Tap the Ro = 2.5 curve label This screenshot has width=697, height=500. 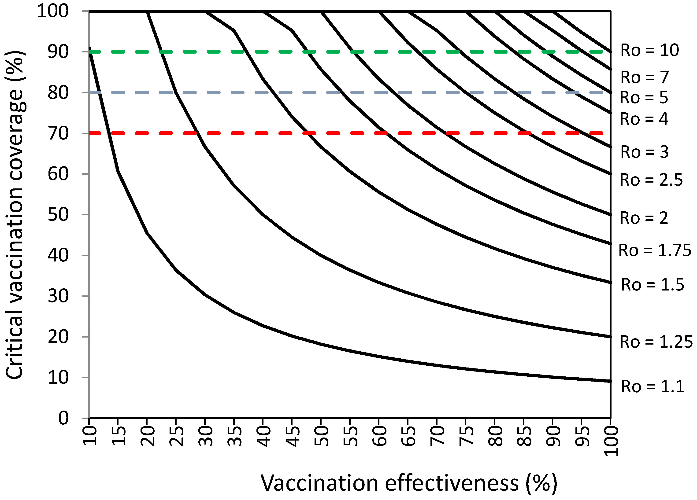tap(651, 180)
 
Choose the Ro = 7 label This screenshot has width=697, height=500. tap(645, 77)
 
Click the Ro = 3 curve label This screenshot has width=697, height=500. tap(645, 152)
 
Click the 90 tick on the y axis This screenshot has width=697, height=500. tap(58, 52)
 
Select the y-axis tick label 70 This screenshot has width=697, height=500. tap(58, 133)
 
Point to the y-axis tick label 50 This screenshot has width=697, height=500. tap(58, 215)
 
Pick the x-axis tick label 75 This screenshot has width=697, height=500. tap(467, 436)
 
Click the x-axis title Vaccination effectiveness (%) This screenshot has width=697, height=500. tap(409, 483)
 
